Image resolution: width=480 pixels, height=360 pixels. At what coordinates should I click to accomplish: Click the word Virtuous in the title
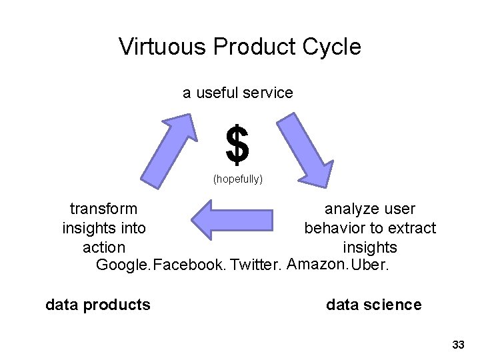[163, 47]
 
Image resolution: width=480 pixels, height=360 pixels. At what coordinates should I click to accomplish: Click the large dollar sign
[237, 145]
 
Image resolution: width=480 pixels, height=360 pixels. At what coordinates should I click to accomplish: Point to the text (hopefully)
[238, 179]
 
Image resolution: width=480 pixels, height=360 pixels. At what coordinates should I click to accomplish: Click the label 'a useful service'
[238, 93]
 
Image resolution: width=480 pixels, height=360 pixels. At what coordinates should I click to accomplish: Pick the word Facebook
[189, 265]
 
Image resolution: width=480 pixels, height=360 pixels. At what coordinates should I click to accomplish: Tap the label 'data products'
[98, 305]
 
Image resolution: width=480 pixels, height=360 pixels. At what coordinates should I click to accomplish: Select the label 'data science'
[373, 305]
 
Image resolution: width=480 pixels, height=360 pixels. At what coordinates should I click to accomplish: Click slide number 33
[458, 345]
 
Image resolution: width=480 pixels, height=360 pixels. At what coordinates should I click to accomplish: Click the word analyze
[348, 209]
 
